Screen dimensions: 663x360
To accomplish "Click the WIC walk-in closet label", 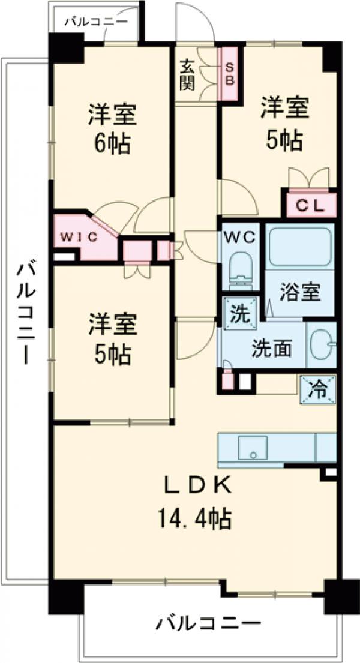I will point(77,236).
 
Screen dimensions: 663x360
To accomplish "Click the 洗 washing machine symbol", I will point(240,313).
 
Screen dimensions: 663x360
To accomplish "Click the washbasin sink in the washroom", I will point(324,345).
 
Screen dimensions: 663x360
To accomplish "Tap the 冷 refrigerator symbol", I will point(318,391).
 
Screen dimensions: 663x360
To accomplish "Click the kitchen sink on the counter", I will point(252,447).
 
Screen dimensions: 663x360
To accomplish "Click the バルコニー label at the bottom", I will point(209,624).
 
